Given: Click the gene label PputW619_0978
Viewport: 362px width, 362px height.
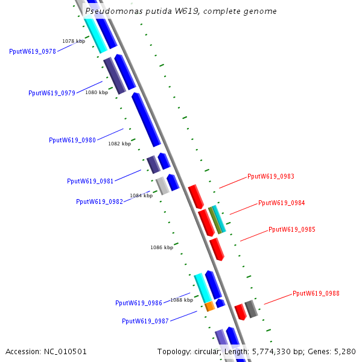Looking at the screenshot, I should [33, 51].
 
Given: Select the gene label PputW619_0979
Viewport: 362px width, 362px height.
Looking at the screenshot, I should [52, 93].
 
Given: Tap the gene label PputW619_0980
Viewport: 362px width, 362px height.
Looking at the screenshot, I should [72, 140].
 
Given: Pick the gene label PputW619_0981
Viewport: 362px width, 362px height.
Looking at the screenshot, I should [91, 181].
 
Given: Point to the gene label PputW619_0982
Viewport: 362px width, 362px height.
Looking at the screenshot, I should [100, 202].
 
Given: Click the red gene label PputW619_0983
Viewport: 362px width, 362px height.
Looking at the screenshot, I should [271, 177].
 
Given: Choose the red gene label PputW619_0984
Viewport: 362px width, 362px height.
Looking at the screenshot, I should [282, 203].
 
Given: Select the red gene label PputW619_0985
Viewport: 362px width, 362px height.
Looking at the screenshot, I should [292, 230].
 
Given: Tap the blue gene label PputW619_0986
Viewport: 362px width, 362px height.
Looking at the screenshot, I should [139, 303].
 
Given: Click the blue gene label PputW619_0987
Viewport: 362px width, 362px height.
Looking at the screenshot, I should [145, 321].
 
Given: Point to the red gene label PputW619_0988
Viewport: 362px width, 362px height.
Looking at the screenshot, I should [316, 294].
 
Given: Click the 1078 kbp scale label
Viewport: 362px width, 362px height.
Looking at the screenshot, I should [74, 41].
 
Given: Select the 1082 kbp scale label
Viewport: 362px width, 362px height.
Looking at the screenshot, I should [119, 144].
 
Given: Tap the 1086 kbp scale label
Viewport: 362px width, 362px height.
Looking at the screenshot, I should [162, 247].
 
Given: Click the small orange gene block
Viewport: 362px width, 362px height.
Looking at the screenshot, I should [210, 306].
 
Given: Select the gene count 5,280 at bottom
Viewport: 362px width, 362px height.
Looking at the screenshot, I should [345, 351].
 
